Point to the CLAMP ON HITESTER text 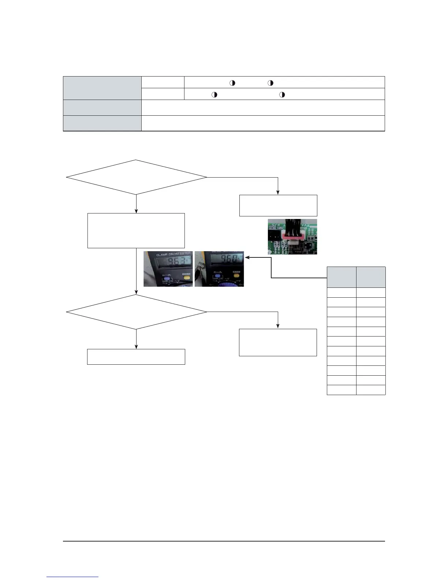click(x=168, y=253)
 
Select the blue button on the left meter click(x=167, y=279)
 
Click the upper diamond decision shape click(x=136, y=177)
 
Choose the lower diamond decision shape click(x=136, y=312)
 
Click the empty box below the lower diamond click(x=136, y=357)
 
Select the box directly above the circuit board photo click(x=278, y=205)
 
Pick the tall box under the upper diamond click(x=136, y=231)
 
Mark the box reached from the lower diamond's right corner click(x=278, y=342)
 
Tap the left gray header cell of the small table click(x=341, y=277)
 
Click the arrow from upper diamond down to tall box click(x=136, y=204)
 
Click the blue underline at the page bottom click(x=73, y=577)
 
